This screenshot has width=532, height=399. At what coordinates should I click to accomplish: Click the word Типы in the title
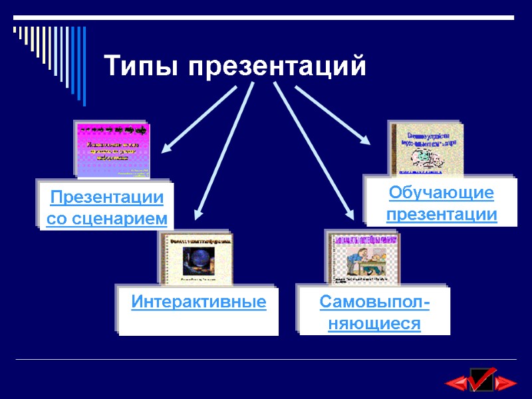[141, 67]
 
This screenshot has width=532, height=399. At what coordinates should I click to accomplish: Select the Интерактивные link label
[199, 303]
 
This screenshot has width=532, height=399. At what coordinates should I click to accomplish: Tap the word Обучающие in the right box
[442, 194]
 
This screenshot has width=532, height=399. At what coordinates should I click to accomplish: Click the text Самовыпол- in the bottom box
[374, 303]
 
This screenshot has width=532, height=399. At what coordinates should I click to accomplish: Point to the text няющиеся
[374, 324]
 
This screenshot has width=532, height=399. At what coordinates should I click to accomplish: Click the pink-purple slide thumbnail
[114, 151]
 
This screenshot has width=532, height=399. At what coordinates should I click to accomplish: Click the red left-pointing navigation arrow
[456, 382]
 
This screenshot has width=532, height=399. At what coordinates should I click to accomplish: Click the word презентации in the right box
[442, 215]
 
